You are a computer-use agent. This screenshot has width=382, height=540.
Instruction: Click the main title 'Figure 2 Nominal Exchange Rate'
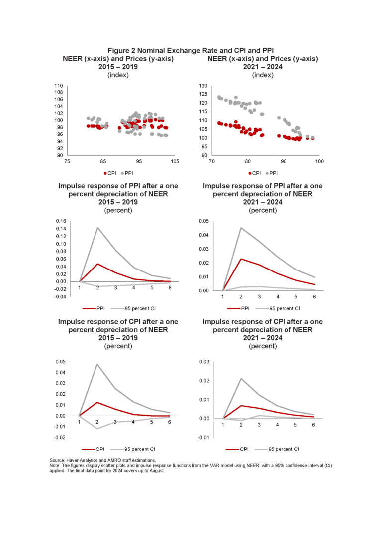191,50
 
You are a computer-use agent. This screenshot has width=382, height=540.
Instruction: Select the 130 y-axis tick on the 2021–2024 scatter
203,86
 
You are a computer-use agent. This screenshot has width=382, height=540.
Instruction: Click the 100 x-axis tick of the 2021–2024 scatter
319,162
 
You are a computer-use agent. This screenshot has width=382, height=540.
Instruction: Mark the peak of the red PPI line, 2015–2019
97,264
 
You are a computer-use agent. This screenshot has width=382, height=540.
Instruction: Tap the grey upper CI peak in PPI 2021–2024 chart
241,228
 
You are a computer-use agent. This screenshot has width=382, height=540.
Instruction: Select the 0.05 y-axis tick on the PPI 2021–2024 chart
204,221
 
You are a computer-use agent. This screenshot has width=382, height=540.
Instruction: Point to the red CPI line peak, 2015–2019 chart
97,402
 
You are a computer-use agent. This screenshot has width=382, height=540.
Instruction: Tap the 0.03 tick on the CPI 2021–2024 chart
204,362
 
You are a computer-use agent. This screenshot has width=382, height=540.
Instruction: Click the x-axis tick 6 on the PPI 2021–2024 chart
314,297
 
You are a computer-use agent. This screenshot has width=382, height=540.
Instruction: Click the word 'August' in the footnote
156,470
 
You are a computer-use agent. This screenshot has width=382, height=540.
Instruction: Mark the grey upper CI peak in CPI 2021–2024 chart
241,379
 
